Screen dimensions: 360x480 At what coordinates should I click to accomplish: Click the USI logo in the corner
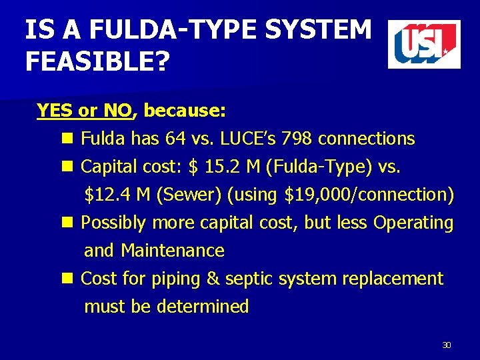[424, 44]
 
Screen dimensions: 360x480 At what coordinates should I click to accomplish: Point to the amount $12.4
[107, 195]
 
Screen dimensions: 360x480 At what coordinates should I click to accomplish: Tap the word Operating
[413, 223]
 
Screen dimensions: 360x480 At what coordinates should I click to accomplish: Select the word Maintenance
[173, 251]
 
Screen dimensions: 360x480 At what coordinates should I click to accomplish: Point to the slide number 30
[447, 345]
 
